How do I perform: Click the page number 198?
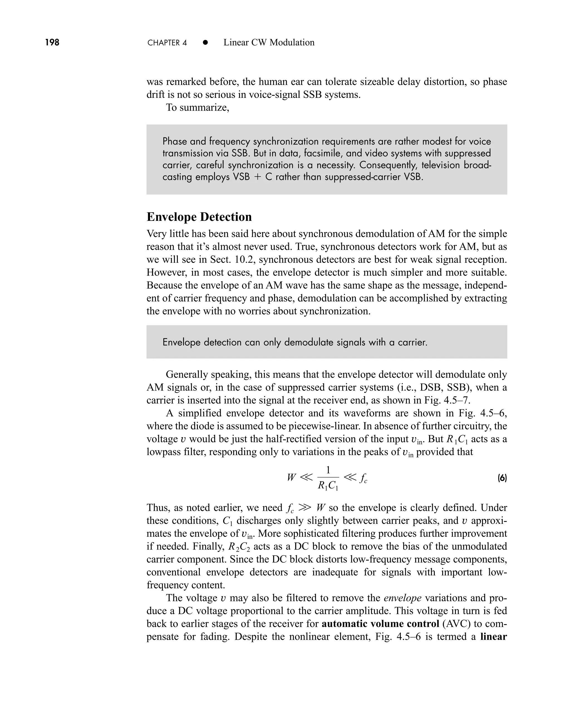pos(52,42)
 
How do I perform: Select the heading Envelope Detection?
pos(199,217)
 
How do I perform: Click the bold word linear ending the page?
pos(493,636)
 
